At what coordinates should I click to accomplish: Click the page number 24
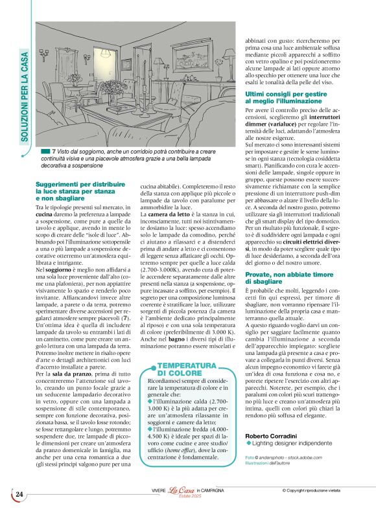pyautogui.click(x=20, y=495)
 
